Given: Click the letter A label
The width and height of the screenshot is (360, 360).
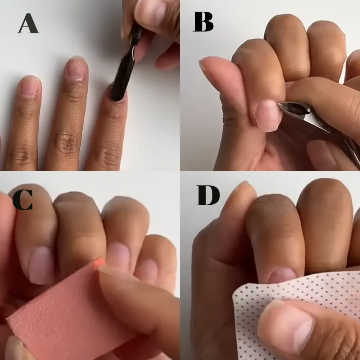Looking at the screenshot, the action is click(x=28, y=23).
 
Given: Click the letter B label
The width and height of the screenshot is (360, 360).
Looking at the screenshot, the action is click(x=203, y=22).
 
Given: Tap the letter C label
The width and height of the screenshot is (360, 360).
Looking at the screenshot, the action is click(x=22, y=200).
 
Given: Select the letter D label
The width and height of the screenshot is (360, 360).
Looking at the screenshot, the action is click(x=208, y=195).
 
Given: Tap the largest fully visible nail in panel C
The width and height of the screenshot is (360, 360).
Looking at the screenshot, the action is click(x=42, y=265).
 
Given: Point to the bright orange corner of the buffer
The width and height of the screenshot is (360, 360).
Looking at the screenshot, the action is click(x=99, y=262).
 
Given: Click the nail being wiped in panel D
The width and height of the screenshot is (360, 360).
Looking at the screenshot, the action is click(x=283, y=276).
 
